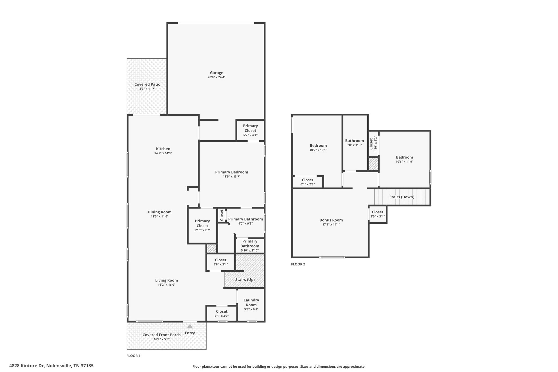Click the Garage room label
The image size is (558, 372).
216,73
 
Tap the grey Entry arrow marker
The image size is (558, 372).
190,326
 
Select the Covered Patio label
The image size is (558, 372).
147,84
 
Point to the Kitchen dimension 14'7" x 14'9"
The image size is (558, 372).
163,153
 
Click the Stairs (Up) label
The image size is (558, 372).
245,280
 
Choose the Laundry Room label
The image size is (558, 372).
251,303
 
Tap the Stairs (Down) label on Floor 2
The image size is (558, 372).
402,197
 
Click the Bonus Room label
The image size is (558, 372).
331,220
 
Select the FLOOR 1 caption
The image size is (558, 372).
133,356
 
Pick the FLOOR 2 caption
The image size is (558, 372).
298,264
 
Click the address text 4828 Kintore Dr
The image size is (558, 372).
27,366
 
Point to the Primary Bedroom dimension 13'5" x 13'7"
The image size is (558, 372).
232,177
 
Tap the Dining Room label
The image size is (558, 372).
160,212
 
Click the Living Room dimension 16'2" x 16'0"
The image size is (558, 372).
166,285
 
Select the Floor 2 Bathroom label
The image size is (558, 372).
354,141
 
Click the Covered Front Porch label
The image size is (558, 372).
162,335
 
